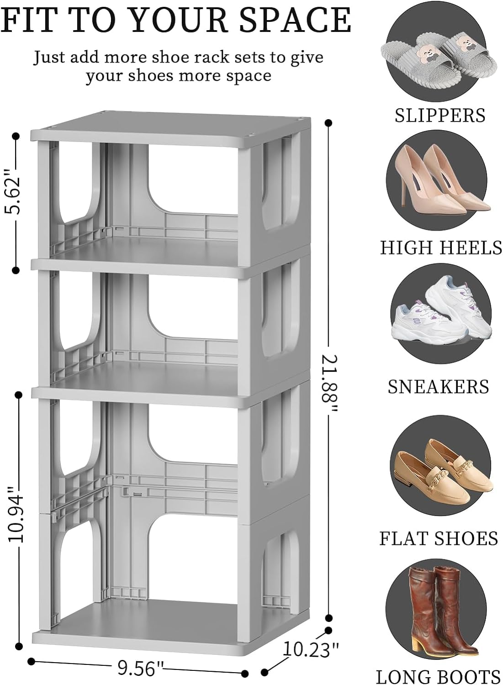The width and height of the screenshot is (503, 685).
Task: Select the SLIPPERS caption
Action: point(439,115)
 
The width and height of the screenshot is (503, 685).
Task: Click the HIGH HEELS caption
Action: point(441,247)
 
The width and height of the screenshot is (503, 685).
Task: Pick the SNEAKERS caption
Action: point(439,387)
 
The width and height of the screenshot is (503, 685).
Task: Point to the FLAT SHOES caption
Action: point(439,521)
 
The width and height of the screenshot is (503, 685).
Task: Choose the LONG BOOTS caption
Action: point(438,674)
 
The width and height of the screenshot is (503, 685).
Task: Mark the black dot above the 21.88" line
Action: point(328,123)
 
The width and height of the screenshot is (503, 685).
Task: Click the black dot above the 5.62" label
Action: point(16,136)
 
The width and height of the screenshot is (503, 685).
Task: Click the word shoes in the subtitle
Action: point(150,75)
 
